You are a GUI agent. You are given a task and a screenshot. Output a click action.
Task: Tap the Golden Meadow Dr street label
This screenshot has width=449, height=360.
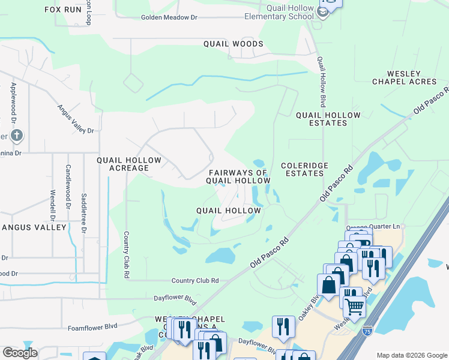[x=169, y=17]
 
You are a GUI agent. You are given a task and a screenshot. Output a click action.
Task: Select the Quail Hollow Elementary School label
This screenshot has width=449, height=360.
[x=279, y=12]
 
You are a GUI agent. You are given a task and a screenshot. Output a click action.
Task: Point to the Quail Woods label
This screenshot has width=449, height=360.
[x=233, y=44]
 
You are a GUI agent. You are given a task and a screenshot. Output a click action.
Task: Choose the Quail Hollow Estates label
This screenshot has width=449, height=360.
[x=328, y=119]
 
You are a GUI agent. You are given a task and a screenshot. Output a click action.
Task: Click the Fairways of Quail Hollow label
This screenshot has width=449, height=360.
[x=238, y=176]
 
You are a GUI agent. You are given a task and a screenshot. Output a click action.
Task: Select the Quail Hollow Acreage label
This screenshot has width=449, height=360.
[x=129, y=164]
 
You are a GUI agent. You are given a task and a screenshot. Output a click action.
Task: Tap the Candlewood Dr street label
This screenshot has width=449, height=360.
[x=68, y=183]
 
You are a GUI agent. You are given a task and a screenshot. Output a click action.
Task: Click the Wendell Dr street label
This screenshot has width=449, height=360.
[x=53, y=205]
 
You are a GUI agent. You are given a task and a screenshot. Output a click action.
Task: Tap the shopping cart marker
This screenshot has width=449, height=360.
[x=354, y=306]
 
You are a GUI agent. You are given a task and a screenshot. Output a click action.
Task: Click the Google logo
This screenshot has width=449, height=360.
[x=20, y=353]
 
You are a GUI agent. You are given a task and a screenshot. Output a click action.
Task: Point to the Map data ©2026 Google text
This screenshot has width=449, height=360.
[x=411, y=355]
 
